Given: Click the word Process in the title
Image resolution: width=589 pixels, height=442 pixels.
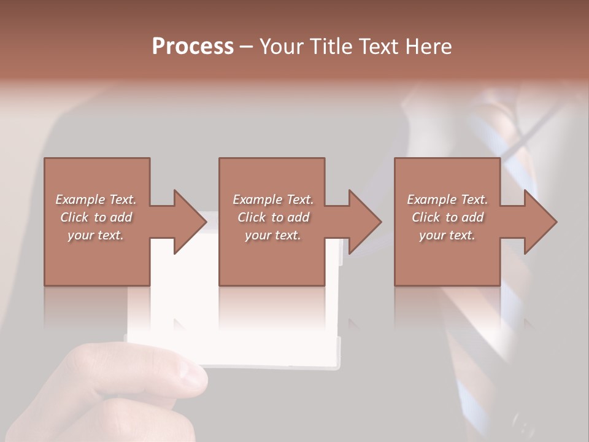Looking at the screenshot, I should click(x=193, y=47).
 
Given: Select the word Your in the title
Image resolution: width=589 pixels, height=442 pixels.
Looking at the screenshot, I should click(x=280, y=47).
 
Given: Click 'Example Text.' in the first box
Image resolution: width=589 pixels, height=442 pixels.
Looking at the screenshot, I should click(x=96, y=200).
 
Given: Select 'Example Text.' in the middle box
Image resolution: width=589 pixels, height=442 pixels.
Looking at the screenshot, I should click(x=272, y=200).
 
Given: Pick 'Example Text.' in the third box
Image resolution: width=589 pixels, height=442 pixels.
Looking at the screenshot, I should click(x=447, y=200).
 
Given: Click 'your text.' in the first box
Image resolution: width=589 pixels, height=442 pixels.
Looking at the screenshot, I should click(x=96, y=235).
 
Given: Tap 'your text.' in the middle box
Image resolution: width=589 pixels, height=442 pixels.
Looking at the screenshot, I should click(x=272, y=235).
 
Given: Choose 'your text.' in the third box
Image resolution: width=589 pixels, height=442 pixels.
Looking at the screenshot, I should click(x=447, y=235).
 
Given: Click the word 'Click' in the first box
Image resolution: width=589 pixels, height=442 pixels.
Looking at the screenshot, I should click(x=74, y=217).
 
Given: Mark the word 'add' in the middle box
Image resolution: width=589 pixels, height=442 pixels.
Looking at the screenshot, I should click(x=298, y=217).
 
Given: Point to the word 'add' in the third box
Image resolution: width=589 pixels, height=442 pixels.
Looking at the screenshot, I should click(x=472, y=217).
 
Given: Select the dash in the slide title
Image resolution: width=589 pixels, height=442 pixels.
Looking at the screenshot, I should click(x=247, y=47).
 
